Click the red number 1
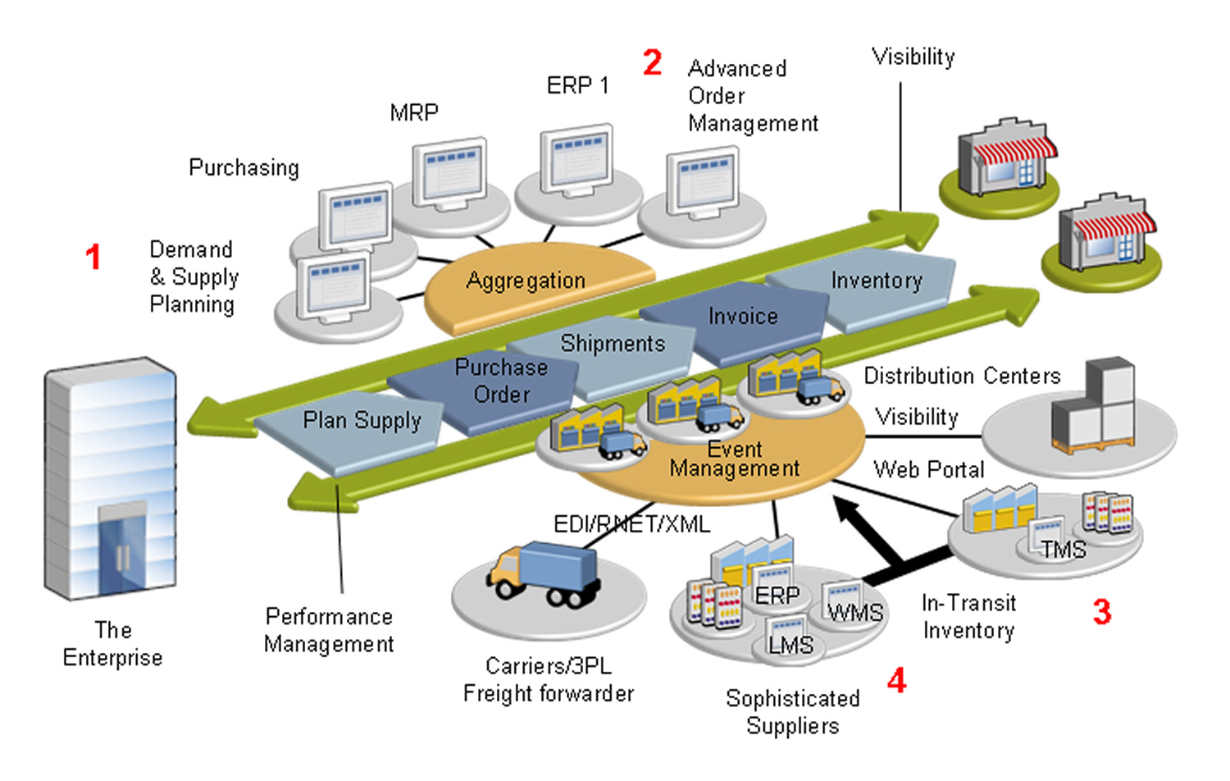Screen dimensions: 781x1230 click(x=93, y=257)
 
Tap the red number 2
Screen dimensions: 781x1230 click(x=652, y=63)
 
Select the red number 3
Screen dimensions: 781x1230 click(x=1102, y=612)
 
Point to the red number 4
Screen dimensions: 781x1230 click(x=897, y=680)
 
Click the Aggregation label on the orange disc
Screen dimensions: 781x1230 click(x=526, y=281)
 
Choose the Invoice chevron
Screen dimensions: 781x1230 click(x=742, y=317)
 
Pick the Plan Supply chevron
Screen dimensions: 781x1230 click(x=362, y=422)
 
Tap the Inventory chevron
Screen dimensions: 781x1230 click(x=877, y=281)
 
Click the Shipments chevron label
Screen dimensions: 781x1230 click(x=613, y=344)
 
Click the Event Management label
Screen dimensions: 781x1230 click(x=734, y=459)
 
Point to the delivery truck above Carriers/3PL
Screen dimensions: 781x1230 click(x=545, y=574)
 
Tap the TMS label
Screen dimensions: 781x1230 click(x=1063, y=550)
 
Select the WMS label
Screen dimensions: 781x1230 click(x=855, y=613)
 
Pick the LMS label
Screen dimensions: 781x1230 click(x=790, y=646)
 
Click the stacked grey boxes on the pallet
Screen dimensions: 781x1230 click(x=1094, y=408)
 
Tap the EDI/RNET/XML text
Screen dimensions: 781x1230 click(x=631, y=524)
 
